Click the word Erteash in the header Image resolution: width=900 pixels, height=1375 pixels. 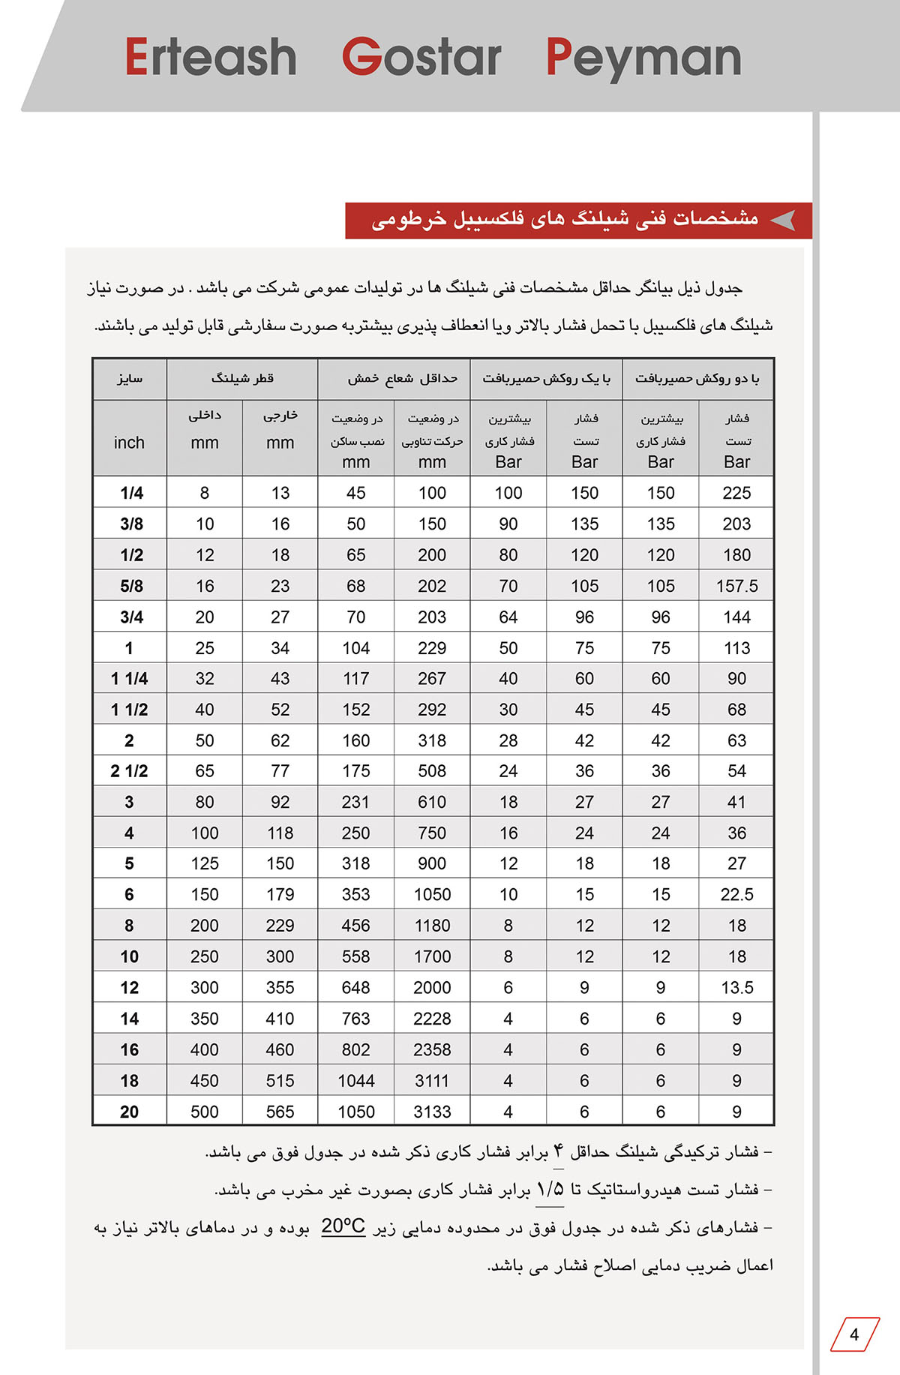(x=211, y=58)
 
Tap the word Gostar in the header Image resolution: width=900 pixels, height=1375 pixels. (x=421, y=58)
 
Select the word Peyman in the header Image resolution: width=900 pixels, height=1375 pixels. (x=643, y=58)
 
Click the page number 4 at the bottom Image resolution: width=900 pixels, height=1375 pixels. (x=854, y=1334)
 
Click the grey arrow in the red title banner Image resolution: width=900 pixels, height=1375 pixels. (x=783, y=221)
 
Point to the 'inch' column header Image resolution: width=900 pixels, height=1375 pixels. (x=129, y=443)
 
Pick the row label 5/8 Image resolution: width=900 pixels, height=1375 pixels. (x=131, y=586)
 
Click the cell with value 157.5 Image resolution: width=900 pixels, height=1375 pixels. (x=736, y=586)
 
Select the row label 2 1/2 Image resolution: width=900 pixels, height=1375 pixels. (x=129, y=771)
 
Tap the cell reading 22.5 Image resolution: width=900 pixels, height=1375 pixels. (x=736, y=894)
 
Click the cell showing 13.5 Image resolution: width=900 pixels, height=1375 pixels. (x=736, y=987)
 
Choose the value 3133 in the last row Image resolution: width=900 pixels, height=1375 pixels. (x=432, y=1112)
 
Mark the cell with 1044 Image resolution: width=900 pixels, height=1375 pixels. (x=355, y=1081)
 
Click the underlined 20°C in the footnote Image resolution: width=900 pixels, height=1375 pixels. (x=343, y=1226)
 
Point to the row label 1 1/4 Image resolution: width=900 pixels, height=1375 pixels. (x=129, y=679)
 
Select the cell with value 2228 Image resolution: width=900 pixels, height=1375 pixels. (x=432, y=1019)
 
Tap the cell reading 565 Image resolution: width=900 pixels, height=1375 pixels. (x=280, y=1112)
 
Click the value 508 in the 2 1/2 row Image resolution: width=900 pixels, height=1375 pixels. (x=432, y=771)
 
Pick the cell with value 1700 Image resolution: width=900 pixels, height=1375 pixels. (x=432, y=956)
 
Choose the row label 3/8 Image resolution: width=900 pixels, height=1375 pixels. (x=131, y=524)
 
